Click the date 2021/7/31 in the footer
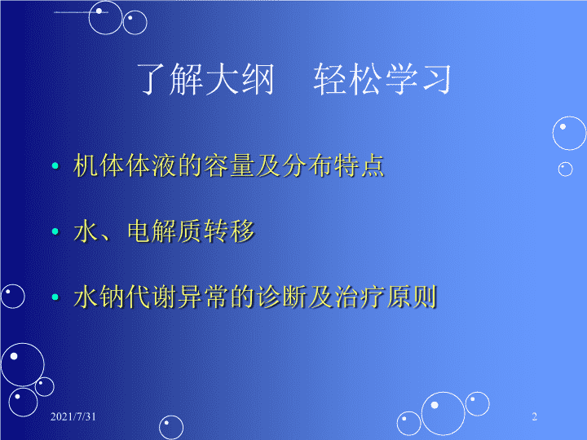point(73,416)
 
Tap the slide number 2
point(535,416)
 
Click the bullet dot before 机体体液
point(55,165)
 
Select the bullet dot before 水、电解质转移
point(55,231)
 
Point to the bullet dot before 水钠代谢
point(55,297)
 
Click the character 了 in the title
point(152,78)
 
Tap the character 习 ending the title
point(437,78)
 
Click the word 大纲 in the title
point(240,78)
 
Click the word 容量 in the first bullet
point(230,165)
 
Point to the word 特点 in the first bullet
point(360,165)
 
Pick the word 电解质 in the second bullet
point(165,231)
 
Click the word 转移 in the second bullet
point(229,231)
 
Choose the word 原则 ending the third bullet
point(412,297)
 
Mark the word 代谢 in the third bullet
point(152,297)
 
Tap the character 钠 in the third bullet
point(113,297)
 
